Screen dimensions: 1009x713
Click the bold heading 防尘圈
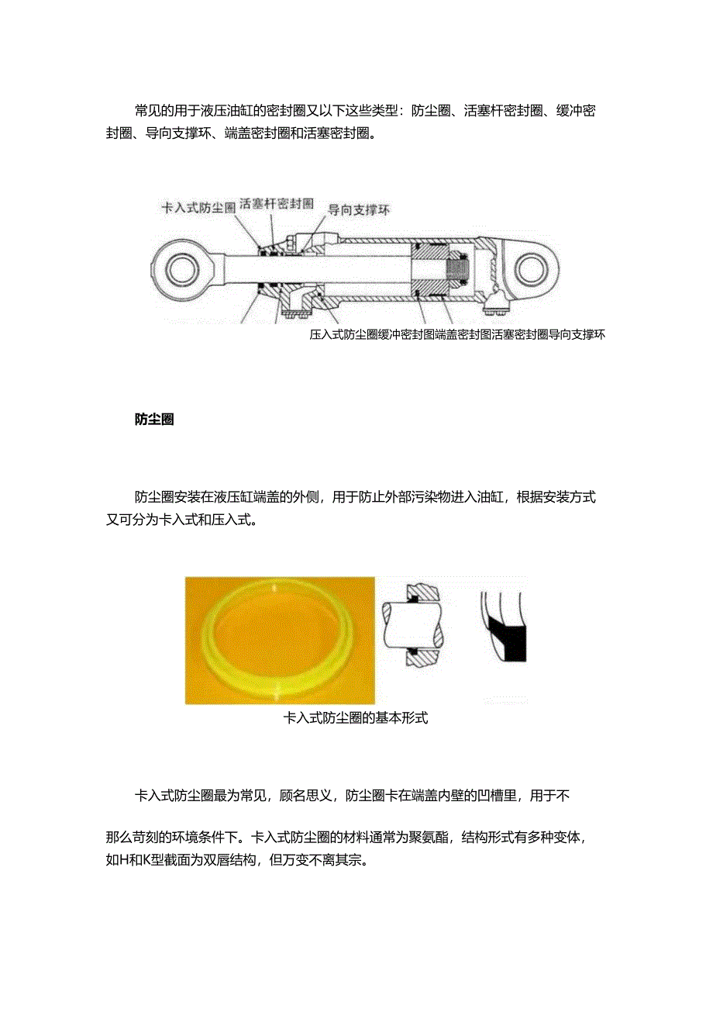pos(153,420)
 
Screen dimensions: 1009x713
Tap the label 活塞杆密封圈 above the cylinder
pos(277,203)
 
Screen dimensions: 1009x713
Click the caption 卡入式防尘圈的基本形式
pos(356,718)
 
